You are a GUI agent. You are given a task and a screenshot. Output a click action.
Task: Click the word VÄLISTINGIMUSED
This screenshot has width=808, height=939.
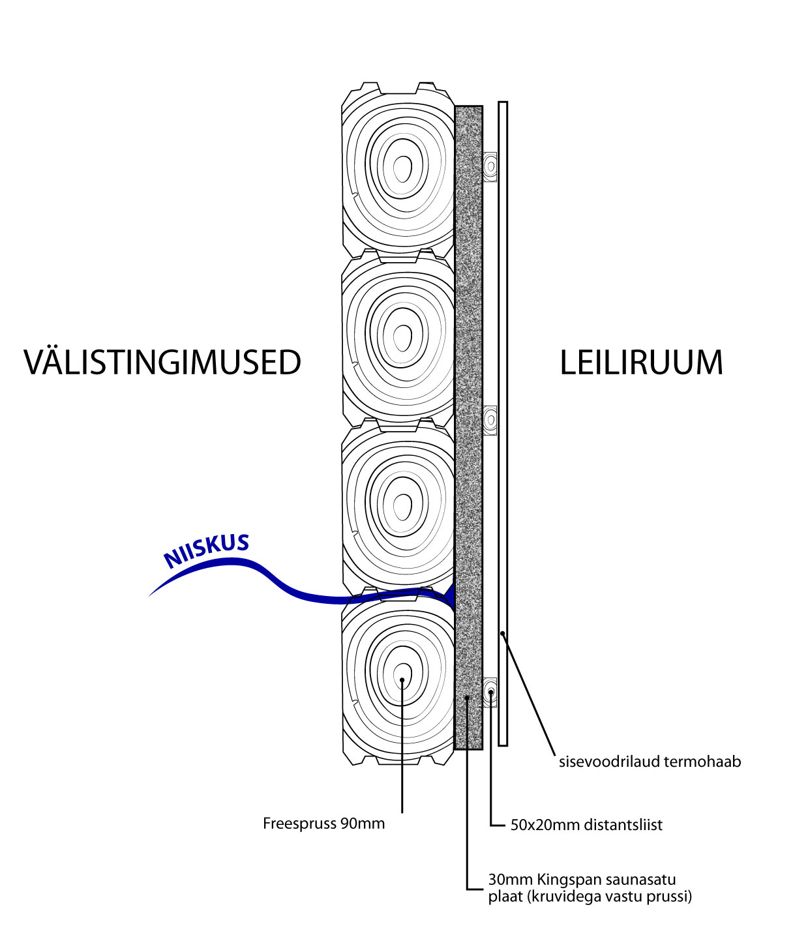162,363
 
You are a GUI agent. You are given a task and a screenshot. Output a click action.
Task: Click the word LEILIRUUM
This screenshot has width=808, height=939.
642,363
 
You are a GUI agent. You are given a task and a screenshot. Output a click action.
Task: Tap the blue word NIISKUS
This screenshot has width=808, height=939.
207,551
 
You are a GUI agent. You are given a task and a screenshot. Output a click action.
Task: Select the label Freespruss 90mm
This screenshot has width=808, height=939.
323,824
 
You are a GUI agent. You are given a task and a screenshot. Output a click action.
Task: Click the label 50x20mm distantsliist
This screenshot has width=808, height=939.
586,825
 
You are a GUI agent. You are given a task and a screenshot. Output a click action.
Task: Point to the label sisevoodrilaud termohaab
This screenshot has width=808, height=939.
650,762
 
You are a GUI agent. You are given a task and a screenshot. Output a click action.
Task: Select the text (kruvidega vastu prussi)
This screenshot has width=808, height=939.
610,897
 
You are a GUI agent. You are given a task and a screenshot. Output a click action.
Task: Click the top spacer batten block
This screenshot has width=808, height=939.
490,166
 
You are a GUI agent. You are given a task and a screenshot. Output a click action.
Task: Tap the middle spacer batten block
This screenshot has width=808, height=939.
490,420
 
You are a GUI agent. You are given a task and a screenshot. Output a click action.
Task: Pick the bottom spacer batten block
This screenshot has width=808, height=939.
490,692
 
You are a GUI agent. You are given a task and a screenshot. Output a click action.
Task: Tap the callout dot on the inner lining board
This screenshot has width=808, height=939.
502,633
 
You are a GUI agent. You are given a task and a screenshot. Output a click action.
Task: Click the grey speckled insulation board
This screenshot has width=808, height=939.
468,391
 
